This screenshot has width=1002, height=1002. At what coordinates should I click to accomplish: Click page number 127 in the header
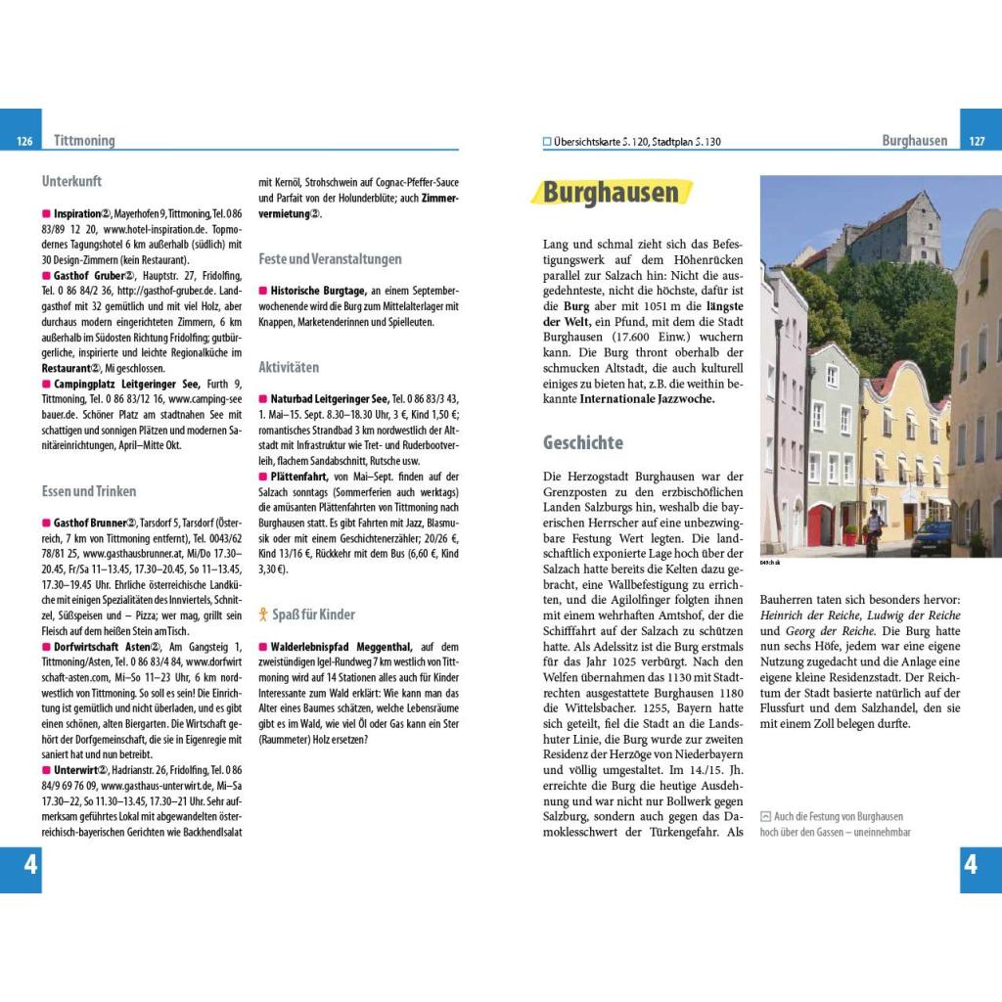(x=977, y=142)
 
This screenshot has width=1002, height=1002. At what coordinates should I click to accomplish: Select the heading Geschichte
(x=583, y=442)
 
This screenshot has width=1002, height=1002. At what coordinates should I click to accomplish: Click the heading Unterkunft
(x=71, y=181)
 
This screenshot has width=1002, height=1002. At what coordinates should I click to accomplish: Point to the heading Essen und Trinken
(x=89, y=491)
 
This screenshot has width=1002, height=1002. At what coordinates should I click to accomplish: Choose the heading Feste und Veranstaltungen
(x=330, y=259)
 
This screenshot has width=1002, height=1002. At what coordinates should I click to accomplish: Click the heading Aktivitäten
(x=289, y=367)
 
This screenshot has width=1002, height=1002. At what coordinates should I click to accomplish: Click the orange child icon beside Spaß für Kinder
(x=262, y=615)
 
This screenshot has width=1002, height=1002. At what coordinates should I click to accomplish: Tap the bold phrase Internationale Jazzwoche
(x=647, y=399)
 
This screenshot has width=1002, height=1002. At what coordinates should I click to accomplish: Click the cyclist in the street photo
(x=874, y=529)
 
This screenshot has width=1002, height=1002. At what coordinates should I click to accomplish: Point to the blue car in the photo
(x=932, y=537)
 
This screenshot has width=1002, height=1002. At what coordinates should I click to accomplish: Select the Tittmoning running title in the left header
(x=84, y=141)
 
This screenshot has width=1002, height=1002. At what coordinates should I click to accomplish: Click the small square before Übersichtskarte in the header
(x=547, y=142)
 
